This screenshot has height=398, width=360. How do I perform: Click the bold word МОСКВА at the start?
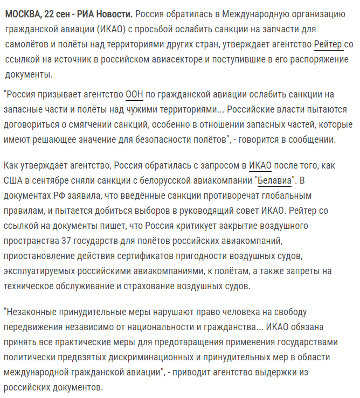tap(23, 13)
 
